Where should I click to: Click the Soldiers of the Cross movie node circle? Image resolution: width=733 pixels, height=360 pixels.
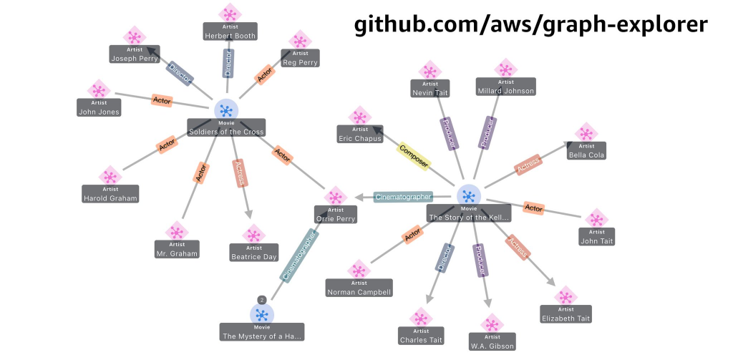pos(226,110)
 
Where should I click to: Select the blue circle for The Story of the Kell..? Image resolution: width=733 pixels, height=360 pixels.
pos(468,195)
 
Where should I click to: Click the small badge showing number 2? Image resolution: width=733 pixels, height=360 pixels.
pos(262,300)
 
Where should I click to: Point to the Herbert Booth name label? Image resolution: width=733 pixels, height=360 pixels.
pos(230,36)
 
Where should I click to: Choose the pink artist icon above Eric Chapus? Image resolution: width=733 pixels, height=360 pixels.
pos(359,116)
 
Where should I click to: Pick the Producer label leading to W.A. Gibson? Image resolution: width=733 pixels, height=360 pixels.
pos(480,260)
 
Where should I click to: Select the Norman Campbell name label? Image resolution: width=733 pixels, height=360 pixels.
pos(359,292)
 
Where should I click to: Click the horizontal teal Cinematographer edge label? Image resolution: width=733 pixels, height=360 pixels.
pos(403,197)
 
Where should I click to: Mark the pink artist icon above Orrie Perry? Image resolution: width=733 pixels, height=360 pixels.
pos(335,196)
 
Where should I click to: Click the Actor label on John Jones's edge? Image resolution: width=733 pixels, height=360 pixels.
pos(162,100)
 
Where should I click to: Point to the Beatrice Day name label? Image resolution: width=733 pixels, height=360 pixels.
pos(254,257)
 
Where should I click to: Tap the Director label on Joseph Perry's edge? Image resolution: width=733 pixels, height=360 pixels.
pos(180,74)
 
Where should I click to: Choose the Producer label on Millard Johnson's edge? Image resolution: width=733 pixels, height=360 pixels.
pos(487,132)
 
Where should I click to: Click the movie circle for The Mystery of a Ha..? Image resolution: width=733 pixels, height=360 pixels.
pos(262,315)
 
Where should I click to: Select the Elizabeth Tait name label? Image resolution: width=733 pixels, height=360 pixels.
pos(565,318)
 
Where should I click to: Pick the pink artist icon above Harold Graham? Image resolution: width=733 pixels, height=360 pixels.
pos(110,176)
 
